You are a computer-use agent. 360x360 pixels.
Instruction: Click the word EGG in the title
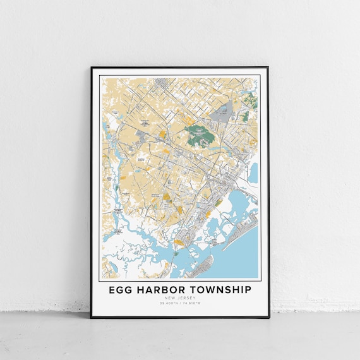pyautogui.click(x=121, y=290)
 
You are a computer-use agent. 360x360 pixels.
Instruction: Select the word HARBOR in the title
pyautogui.click(x=162, y=290)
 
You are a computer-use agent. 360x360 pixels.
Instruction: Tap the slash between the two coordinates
pyautogui.click(x=180, y=304)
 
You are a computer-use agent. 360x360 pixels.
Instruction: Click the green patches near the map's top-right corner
pyautogui.click(x=251, y=100)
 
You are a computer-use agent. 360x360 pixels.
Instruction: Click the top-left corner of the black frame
pyautogui.click(x=92, y=67)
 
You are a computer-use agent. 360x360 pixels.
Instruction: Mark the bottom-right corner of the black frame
pyautogui.click(x=268, y=318)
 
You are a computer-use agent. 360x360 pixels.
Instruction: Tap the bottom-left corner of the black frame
pyautogui.click(x=92, y=318)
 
